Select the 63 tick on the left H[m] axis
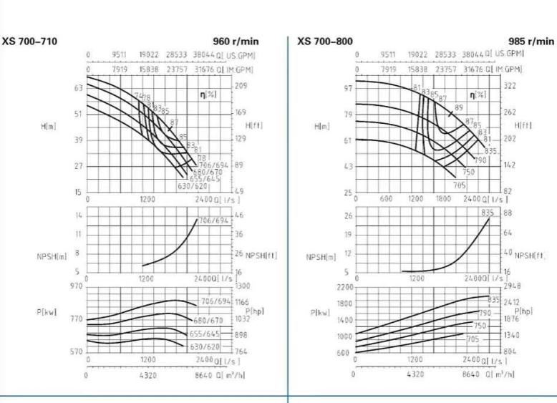pyautogui.click(x=79, y=88)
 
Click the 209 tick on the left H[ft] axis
pyautogui.click(x=241, y=86)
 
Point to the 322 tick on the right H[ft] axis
pyautogui.click(x=510, y=85)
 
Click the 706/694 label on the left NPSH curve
pyautogui.click(x=215, y=220)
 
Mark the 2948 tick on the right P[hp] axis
pyautogui.click(x=513, y=286)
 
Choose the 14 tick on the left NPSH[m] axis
pyautogui.click(x=79, y=215)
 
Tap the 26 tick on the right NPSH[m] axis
pyautogui.click(x=348, y=216)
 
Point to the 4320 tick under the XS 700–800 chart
pyautogui.click(x=415, y=374)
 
